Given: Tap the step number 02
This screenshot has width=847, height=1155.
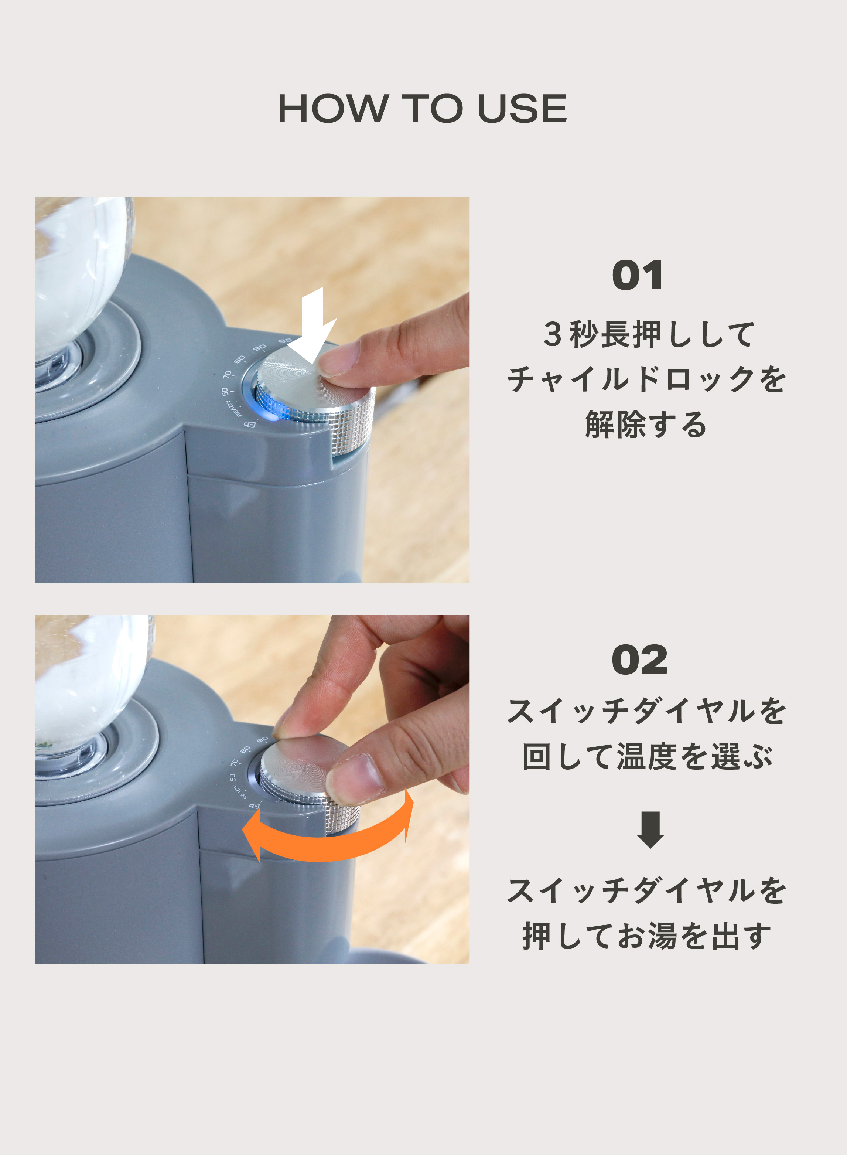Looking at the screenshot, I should (x=639, y=660).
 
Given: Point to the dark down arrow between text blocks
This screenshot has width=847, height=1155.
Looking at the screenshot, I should (x=650, y=829).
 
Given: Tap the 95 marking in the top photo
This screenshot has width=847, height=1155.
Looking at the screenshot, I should (x=284, y=341).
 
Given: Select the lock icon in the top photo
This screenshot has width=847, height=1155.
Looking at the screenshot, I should (x=250, y=425).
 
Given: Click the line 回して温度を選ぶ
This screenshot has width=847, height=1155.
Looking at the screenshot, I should (x=647, y=757).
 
